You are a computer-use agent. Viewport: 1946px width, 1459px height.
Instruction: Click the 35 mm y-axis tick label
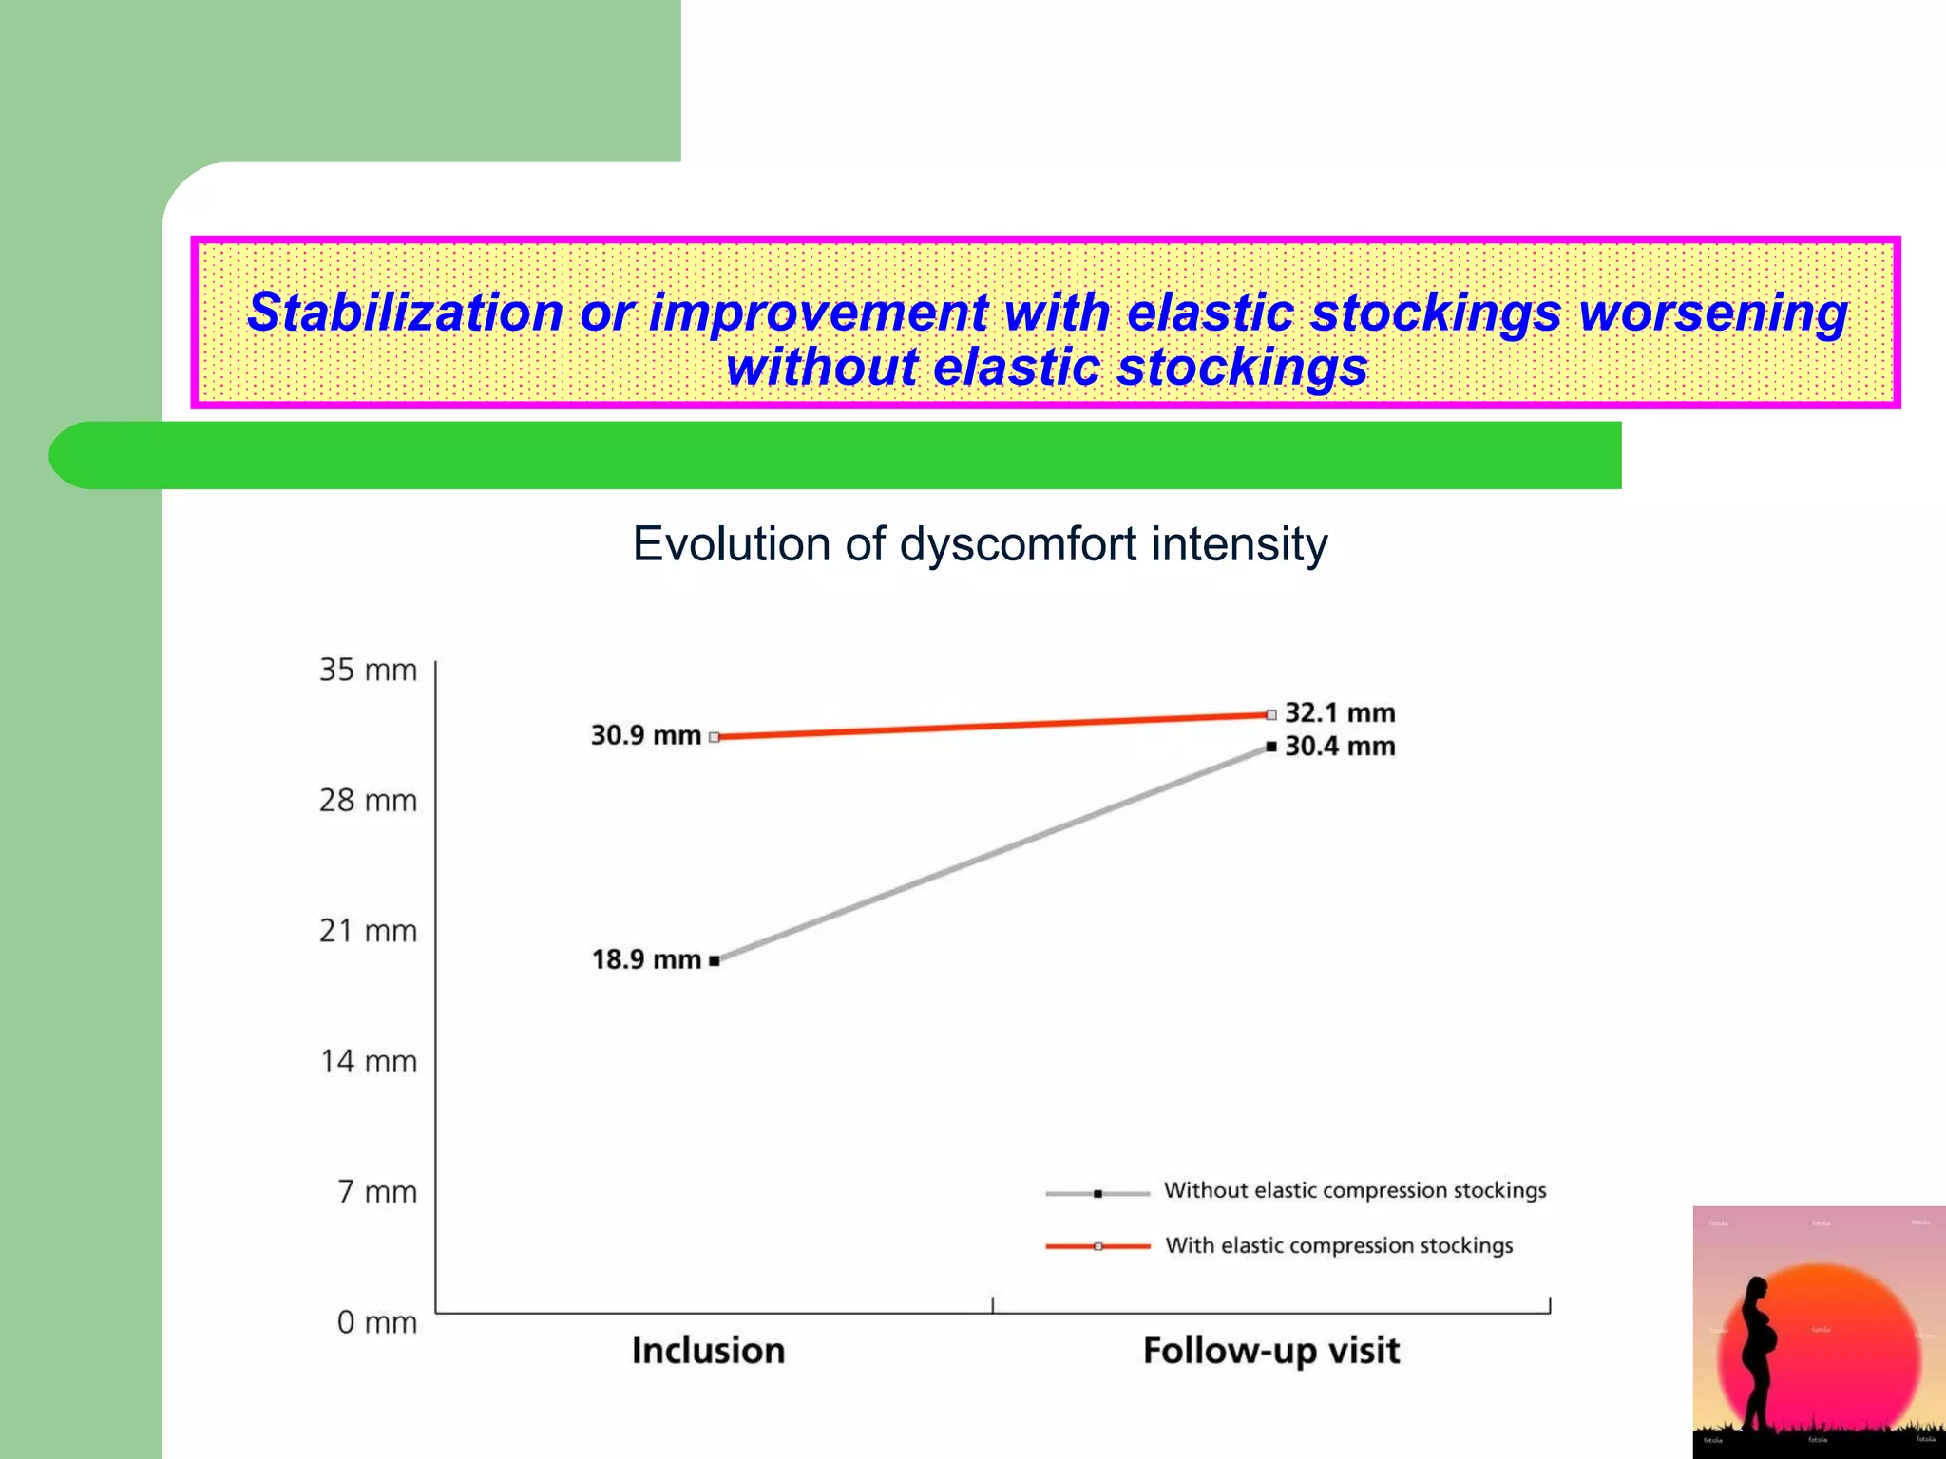(x=368, y=671)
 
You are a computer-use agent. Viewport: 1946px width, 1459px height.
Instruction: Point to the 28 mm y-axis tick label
(x=368, y=801)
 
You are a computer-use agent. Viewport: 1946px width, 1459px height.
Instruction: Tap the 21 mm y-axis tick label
(x=368, y=931)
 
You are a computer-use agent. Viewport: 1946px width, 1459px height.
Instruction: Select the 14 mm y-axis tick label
(x=368, y=1061)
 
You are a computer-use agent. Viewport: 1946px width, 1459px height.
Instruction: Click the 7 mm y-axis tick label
(x=377, y=1192)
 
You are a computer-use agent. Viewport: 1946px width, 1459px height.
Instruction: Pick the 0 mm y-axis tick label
(x=376, y=1322)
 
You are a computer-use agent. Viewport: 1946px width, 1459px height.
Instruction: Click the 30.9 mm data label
(x=645, y=736)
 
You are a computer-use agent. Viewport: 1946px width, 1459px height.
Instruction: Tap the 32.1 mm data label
(x=1340, y=713)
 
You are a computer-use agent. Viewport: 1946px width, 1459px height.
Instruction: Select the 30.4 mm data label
(x=1340, y=747)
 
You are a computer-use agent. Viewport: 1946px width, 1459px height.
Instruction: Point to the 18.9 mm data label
(x=646, y=959)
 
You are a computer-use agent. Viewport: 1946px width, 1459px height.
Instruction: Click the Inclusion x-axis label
(x=708, y=1351)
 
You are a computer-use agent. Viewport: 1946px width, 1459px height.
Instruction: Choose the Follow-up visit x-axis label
(x=1271, y=1351)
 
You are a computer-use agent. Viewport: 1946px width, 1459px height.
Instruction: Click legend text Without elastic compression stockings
(x=1355, y=1190)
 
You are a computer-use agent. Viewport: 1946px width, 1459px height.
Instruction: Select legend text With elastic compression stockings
(x=1339, y=1245)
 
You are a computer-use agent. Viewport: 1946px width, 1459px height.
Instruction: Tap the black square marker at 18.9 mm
(x=715, y=960)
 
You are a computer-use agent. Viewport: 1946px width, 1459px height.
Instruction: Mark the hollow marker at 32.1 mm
(x=1271, y=714)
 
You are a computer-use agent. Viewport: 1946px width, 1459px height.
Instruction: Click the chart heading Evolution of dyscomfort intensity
(x=980, y=544)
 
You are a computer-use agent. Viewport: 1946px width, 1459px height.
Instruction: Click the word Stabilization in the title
(x=405, y=313)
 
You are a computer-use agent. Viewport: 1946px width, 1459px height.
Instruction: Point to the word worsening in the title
(x=1713, y=313)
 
